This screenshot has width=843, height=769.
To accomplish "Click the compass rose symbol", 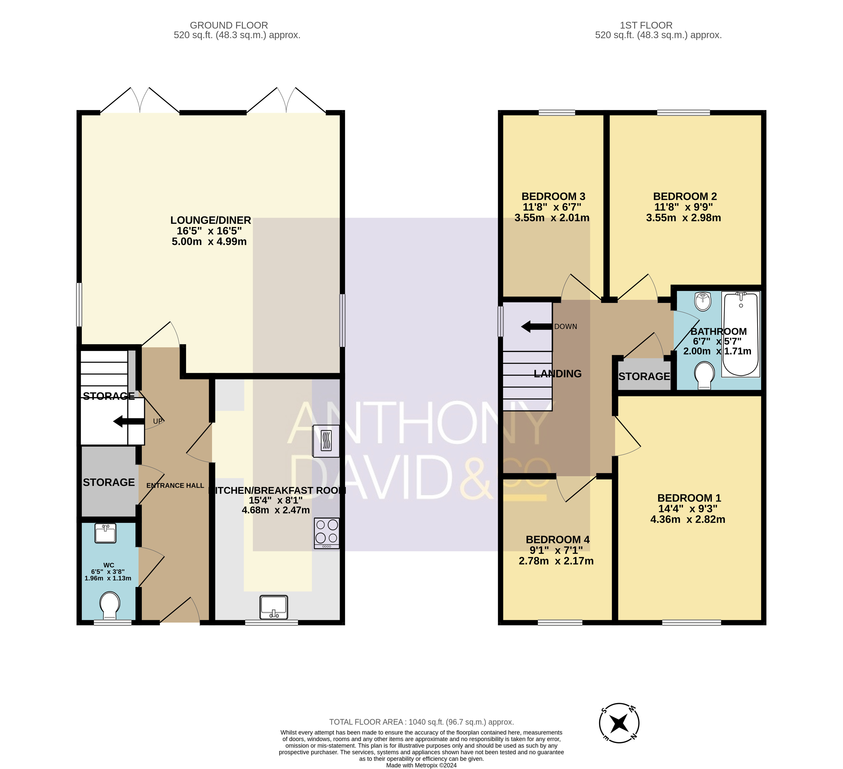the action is [619, 723].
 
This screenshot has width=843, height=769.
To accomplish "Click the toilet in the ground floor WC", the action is [110, 606].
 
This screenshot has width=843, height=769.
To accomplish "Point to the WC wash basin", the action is [105, 533].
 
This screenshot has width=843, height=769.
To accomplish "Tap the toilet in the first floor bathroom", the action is [705, 375].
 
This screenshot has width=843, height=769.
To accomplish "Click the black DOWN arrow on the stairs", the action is [537, 327].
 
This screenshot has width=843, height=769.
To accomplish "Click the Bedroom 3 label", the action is [553, 196].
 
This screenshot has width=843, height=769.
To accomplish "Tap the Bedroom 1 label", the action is [689, 498].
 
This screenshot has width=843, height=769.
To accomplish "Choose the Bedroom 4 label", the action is [557, 540].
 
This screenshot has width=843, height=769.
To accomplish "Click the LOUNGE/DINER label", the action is [211, 220].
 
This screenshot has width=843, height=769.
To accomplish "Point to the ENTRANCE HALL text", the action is [175, 485].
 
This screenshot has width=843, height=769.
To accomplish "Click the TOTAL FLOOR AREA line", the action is [422, 722].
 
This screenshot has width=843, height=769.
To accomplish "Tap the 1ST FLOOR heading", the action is [646, 25].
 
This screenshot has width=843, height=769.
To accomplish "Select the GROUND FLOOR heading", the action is [229, 25].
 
